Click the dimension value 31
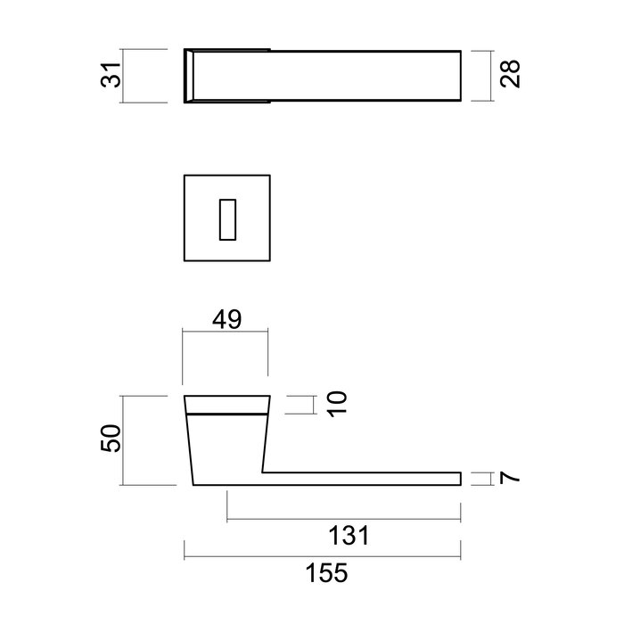(x=111, y=75)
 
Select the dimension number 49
(x=226, y=319)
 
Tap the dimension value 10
(x=336, y=405)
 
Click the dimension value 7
(x=510, y=479)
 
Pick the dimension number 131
(x=343, y=536)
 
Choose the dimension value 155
(x=322, y=572)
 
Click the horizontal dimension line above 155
(x=322, y=557)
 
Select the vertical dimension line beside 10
(x=313, y=405)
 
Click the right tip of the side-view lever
(x=461, y=479)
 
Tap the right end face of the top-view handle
(x=461, y=75)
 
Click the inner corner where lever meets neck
(x=262, y=472)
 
